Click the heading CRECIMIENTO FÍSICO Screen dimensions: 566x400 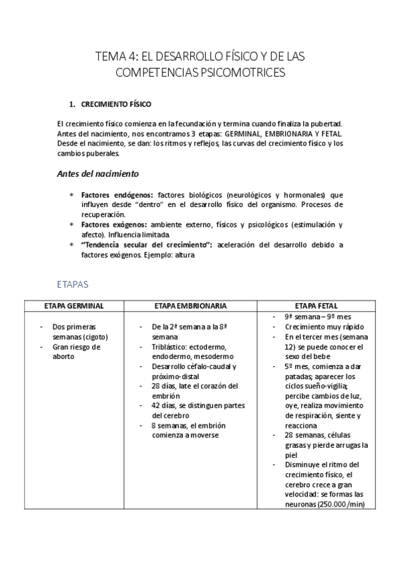click(x=116, y=105)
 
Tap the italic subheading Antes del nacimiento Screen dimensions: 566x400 click(x=97, y=174)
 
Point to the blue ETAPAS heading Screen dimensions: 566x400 click(x=73, y=284)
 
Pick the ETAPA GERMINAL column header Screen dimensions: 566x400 click(x=73, y=306)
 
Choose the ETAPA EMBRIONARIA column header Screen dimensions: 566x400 click(x=190, y=306)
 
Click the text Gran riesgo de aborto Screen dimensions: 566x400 click(x=76, y=351)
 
